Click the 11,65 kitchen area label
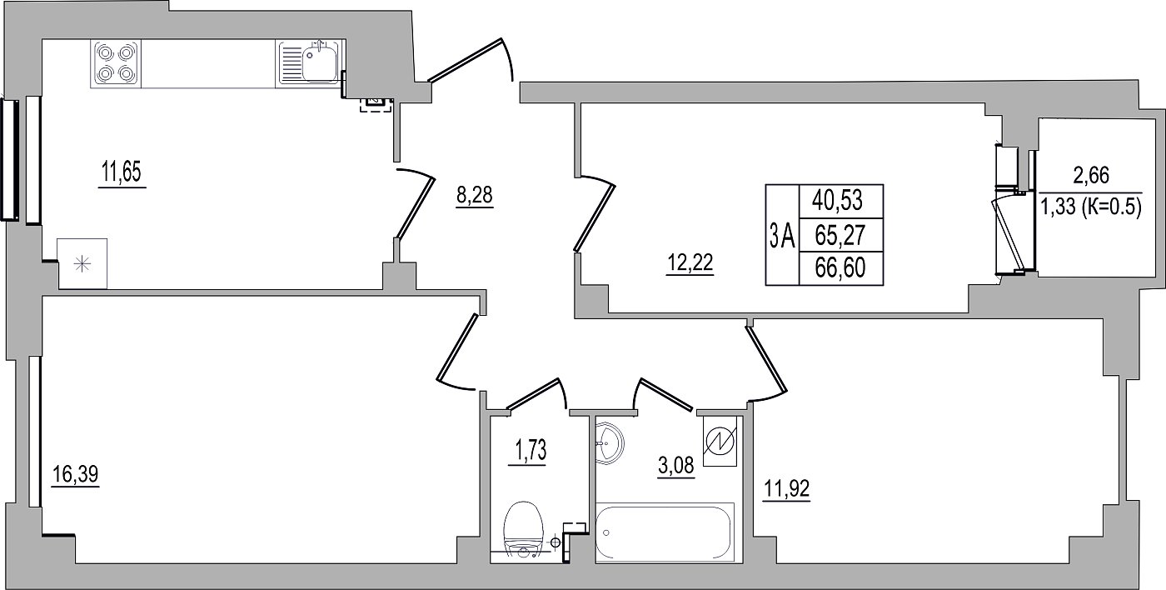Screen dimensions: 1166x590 [x=122, y=172]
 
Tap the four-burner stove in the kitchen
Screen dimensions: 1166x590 [x=116, y=63]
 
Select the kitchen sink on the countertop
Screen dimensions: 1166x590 [x=309, y=63]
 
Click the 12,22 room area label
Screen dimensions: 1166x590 [x=690, y=263]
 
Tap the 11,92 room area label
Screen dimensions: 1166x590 [x=786, y=488]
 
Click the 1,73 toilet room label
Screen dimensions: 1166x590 [x=531, y=451]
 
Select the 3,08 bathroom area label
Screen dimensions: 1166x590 [x=675, y=465]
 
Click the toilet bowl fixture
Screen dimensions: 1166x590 [x=523, y=531]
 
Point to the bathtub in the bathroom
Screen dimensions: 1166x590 [x=665, y=532]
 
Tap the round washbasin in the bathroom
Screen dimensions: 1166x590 [x=608, y=443]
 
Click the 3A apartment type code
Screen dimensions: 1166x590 [x=782, y=235]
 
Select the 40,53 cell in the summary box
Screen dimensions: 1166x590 [x=837, y=201]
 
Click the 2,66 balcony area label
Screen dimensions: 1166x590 [x=1091, y=176]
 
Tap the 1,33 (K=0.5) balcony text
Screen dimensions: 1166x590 [x=1091, y=207]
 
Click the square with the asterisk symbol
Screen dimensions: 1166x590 [x=82, y=263]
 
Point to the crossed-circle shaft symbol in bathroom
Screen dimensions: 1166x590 [x=720, y=441]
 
